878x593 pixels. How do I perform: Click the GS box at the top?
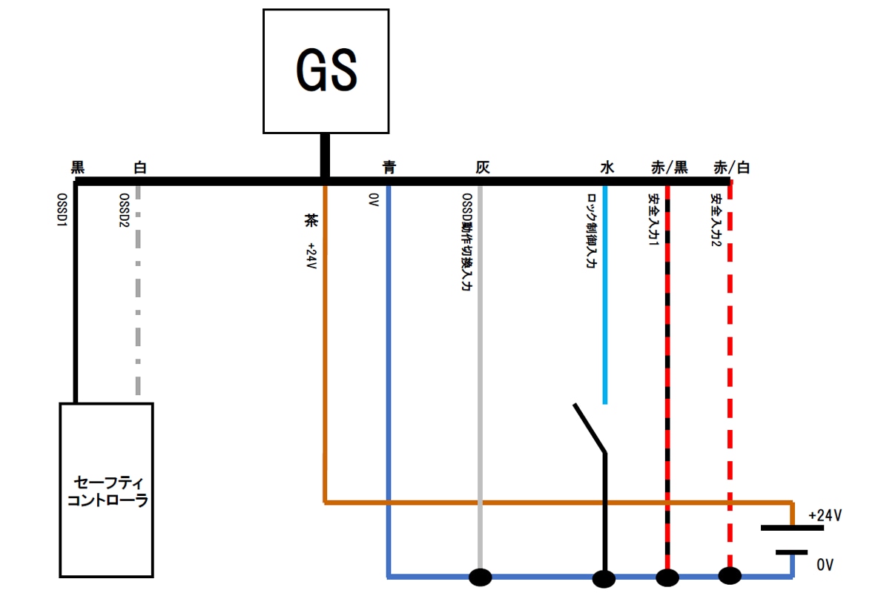[x=326, y=71]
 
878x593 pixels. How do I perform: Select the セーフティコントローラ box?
[x=107, y=490]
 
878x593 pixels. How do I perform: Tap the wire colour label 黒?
[x=78, y=168]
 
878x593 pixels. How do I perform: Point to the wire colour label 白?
[x=139, y=168]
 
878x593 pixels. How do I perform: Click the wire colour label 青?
[x=389, y=168]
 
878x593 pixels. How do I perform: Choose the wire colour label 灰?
[x=483, y=168]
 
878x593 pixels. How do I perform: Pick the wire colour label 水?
[x=607, y=168]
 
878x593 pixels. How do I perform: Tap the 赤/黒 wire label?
[x=669, y=168]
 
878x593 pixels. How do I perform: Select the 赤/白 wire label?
[x=731, y=168]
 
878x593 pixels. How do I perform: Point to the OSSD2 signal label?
[x=125, y=211]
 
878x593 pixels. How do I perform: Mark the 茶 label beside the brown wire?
[x=310, y=220]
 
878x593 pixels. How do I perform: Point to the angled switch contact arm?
[x=590, y=428]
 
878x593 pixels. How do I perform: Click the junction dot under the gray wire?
[x=481, y=576]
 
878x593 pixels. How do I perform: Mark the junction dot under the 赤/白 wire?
[x=730, y=575]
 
